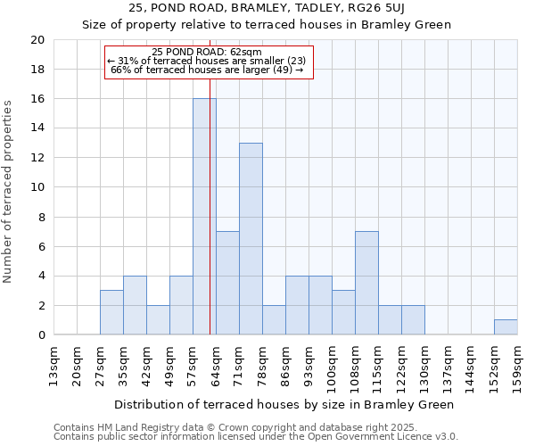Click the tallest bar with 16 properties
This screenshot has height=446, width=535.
[204, 217]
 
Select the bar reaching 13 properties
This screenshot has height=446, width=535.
[251, 239]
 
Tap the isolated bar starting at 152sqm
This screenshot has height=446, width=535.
[506, 327]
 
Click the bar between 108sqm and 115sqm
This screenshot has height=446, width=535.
[366, 283]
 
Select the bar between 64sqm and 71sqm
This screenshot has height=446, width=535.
[227, 283]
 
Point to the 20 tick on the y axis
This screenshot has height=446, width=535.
[37, 40]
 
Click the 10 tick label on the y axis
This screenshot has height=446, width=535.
[37, 187]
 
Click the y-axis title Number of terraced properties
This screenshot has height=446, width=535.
[9, 191]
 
